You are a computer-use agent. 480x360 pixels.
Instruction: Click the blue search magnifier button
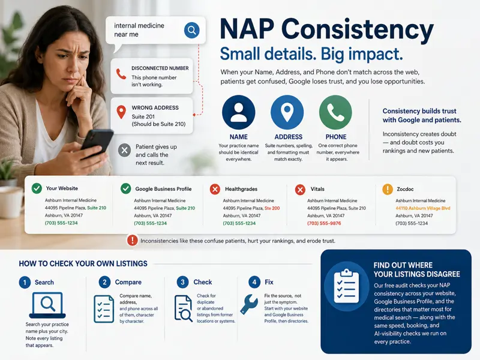pyautogui.click(x=191, y=30)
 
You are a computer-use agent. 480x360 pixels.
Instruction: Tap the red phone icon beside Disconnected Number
pyautogui.click(x=121, y=74)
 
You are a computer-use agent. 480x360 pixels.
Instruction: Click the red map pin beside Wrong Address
pyautogui.click(x=121, y=112)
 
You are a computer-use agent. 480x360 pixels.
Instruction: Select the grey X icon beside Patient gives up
pyautogui.click(x=124, y=151)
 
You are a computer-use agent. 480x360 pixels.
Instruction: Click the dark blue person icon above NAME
pyautogui.click(x=238, y=112)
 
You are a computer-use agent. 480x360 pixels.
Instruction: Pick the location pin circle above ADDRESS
pyautogui.click(x=287, y=112)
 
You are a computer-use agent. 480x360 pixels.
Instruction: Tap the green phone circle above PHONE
pyautogui.click(x=335, y=112)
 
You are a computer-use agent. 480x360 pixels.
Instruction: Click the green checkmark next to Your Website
pyautogui.click(x=37, y=188)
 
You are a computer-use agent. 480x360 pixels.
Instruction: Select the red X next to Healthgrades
pyautogui.click(x=215, y=189)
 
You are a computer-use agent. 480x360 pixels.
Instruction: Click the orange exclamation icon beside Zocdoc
pyautogui.click(x=388, y=189)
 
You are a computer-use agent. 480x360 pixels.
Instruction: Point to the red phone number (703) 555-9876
pyautogui.click(x=324, y=223)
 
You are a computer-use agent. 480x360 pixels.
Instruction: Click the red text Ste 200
pyautogui.click(x=272, y=208)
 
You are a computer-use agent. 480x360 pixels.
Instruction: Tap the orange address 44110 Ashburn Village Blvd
pyautogui.click(x=423, y=208)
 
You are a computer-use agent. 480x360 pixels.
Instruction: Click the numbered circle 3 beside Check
pyautogui.click(x=183, y=282)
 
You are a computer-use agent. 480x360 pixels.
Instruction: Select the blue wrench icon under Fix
pyautogui.click(x=249, y=304)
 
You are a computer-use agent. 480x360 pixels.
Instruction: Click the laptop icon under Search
pyautogui.click(x=47, y=305)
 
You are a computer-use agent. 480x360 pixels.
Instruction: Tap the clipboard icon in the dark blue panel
pyautogui.click(x=346, y=286)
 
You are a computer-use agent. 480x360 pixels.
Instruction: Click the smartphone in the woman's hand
pyautogui.click(x=96, y=143)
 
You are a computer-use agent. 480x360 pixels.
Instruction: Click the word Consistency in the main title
pyautogui.click(x=357, y=29)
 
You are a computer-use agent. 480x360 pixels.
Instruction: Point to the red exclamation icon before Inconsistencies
pyautogui.click(x=132, y=241)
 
